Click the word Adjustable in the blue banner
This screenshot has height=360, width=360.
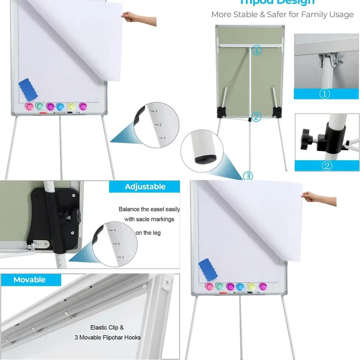point(145,186)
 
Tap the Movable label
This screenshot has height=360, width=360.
point(30,280)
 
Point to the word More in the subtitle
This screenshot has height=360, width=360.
point(221,15)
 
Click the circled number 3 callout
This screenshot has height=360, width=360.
point(248,176)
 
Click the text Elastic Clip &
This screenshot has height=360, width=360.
point(107,328)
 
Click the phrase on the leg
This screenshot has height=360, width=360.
point(148,233)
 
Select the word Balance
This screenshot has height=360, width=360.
point(129,209)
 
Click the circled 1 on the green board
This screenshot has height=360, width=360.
point(257,50)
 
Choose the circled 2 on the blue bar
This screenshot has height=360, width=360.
point(327,166)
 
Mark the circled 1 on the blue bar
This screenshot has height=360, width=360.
point(325,94)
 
